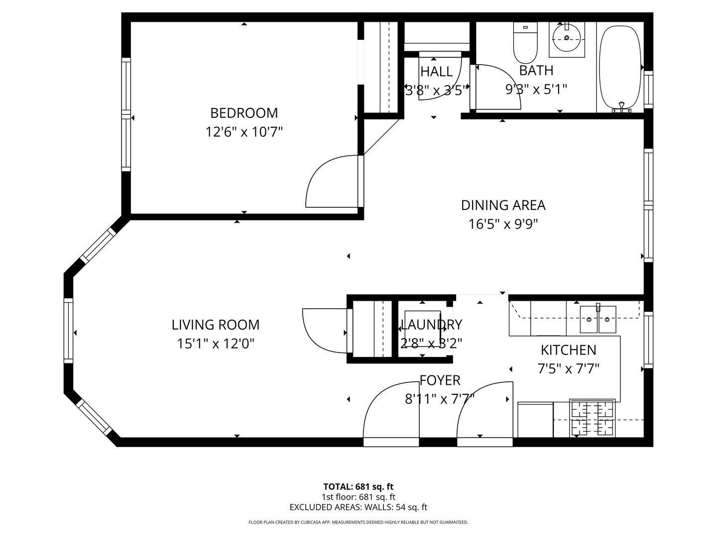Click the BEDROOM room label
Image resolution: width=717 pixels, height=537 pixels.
243,113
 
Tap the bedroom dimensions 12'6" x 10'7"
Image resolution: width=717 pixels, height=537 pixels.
244,132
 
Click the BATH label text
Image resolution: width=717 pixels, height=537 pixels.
536,71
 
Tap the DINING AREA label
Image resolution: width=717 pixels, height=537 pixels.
503,205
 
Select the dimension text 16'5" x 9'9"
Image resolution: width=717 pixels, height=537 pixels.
503,224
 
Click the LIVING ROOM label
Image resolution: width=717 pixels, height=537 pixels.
216,325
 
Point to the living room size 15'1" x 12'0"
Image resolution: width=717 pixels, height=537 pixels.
216,344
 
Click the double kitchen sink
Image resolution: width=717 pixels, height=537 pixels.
598,319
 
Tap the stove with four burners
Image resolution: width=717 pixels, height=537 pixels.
592,418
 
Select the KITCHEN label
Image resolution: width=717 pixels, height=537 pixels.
568,350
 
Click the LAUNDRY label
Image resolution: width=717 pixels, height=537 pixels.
431,325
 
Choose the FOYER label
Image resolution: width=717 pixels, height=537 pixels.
440,380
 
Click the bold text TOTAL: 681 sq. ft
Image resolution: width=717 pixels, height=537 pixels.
358,487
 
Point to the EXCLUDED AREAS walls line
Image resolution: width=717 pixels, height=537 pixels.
358,507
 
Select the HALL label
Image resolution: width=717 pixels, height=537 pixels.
437,72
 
